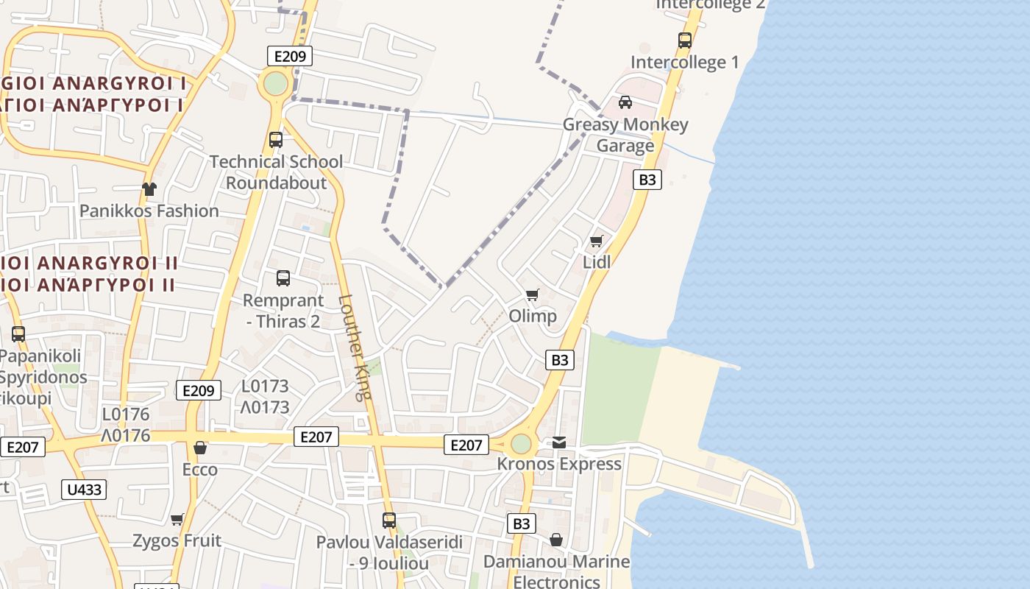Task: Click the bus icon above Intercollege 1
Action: click(685, 40)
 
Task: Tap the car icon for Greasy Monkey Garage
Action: click(625, 102)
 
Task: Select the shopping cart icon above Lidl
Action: click(597, 241)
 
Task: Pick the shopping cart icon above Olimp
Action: click(533, 295)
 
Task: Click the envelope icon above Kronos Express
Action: click(559, 442)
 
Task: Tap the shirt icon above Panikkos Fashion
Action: click(149, 189)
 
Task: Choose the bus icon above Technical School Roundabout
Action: click(276, 140)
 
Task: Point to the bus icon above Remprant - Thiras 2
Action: click(283, 278)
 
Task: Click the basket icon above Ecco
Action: click(199, 448)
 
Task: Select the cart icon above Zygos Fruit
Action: click(177, 520)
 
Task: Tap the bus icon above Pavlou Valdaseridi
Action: click(389, 521)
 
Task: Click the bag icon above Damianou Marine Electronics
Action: click(556, 540)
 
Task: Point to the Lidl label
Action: click(597, 262)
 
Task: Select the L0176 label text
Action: click(126, 415)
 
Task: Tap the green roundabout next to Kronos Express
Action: click(521, 444)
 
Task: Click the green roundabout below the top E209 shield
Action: click(276, 84)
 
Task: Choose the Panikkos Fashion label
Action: click(149, 211)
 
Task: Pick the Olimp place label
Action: click(533, 316)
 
